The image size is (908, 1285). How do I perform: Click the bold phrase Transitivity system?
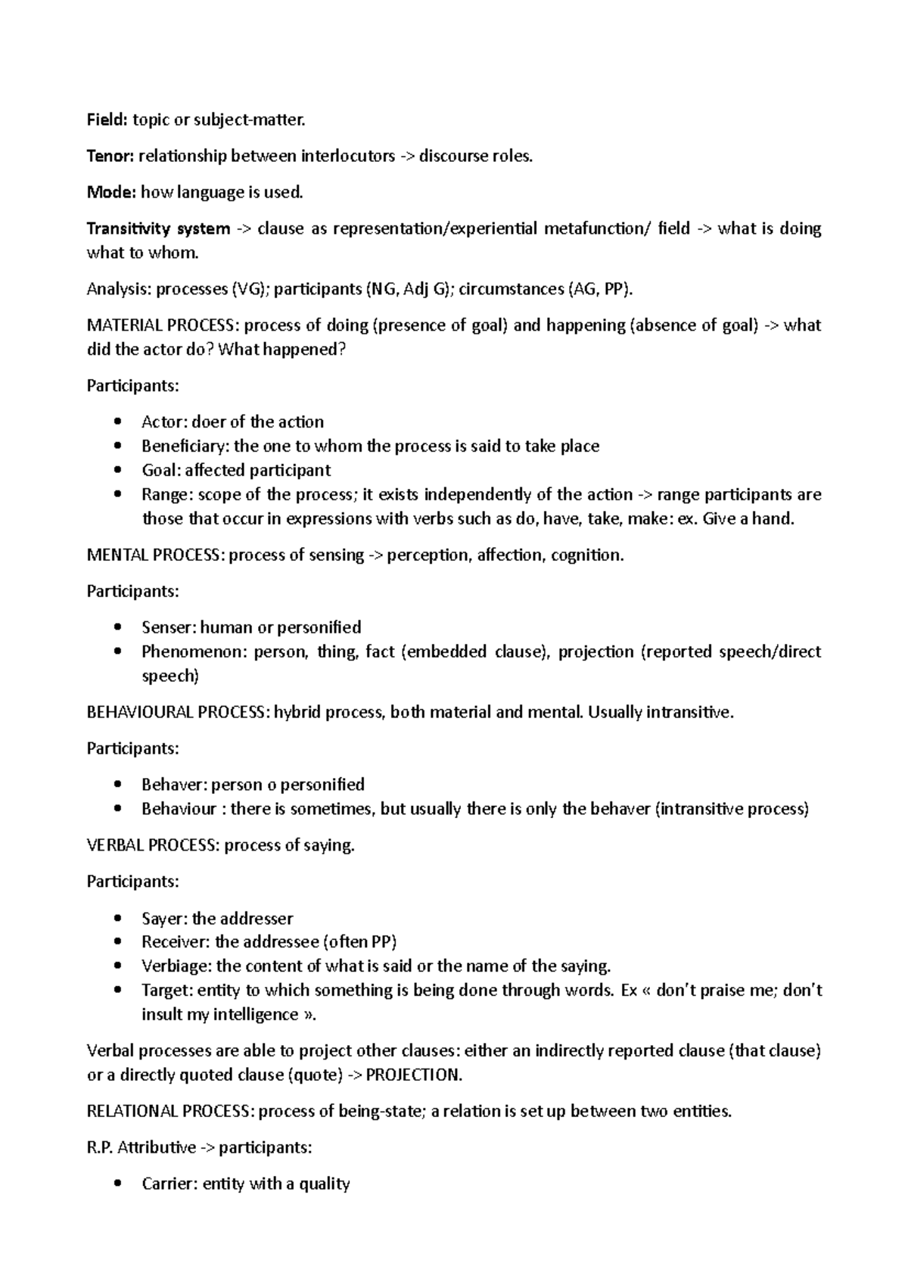[158, 229]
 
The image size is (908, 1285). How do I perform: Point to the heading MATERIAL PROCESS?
[162, 325]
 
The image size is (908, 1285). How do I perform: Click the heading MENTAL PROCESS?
[155, 555]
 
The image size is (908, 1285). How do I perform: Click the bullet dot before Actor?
[116, 422]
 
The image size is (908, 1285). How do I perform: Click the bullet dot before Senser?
[116, 627]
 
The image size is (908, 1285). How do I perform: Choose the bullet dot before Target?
[116, 991]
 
